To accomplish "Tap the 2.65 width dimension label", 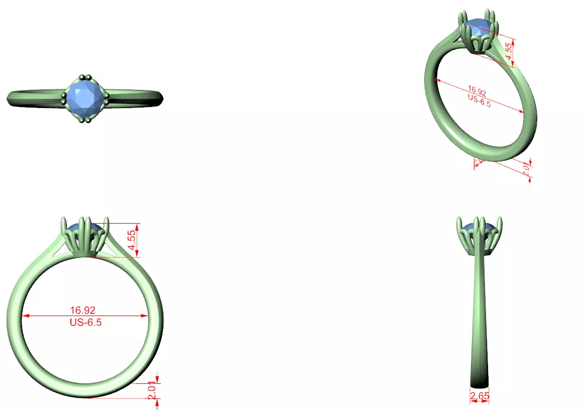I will [x=479, y=396].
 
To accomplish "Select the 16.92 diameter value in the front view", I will [x=83, y=311].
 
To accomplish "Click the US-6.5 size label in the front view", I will [x=85, y=323].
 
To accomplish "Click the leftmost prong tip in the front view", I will [x=63, y=219].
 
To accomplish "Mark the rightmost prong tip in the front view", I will [x=107, y=219].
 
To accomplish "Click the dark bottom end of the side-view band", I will [x=479, y=382].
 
